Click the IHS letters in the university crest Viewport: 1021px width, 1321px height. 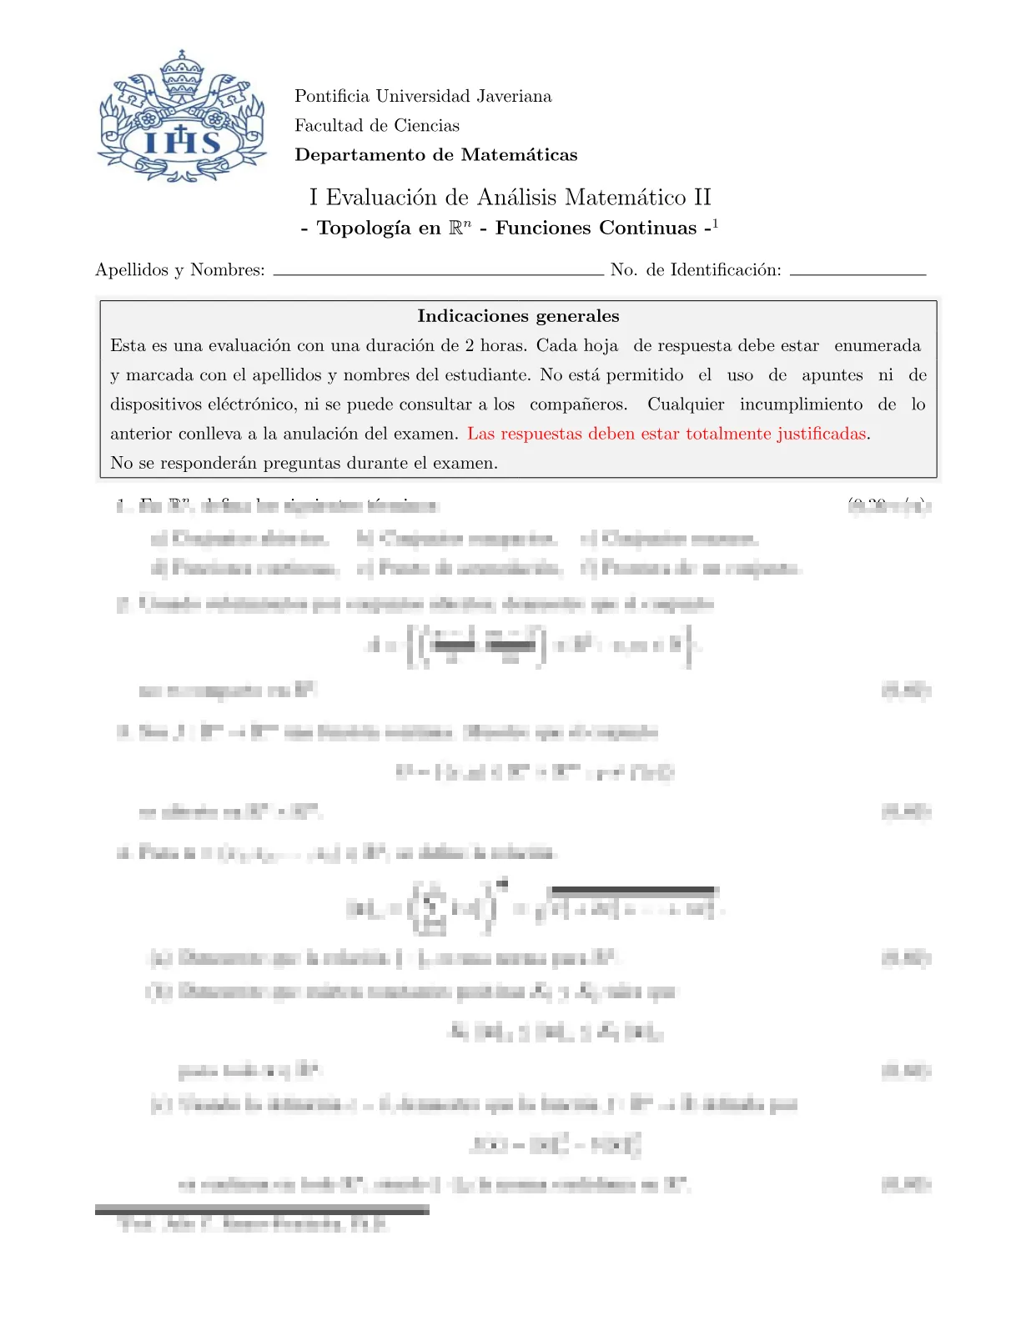pyautogui.click(x=183, y=142)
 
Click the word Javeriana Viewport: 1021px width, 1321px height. pyautogui.click(x=514, y=96)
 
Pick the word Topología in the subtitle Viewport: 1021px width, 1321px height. pyautogui.click(x=365, y=229)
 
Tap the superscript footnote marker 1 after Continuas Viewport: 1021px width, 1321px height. pyautogui.click(x=715, y=224)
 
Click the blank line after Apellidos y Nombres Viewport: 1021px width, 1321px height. pyautogui.click(x=438, y=274)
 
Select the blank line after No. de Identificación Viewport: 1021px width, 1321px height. pyautogui.click(x=858, y=274)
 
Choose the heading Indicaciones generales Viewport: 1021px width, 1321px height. pyautogui.click(x=518, y=316)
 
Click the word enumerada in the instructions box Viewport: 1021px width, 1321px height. pyautogui.click(x=878, y=345)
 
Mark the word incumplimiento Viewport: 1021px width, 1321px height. pyautogui.click(x=801, y=404)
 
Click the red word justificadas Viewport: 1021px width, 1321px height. pyautogui.click(x=821, y=434)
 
